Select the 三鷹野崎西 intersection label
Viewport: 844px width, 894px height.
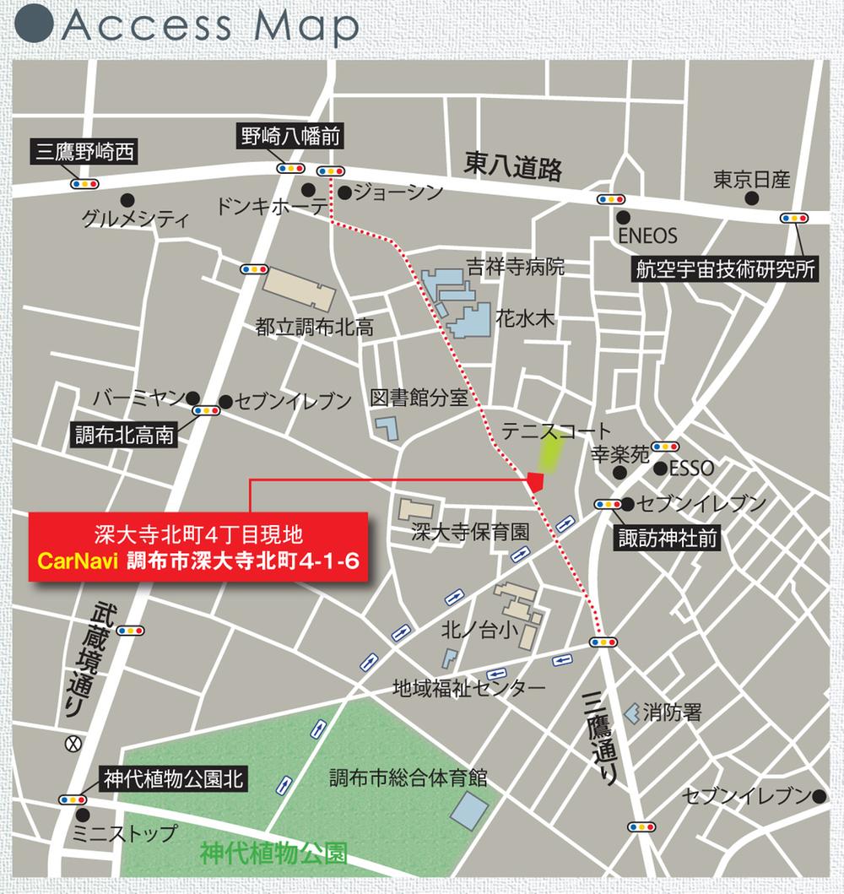(85, 152)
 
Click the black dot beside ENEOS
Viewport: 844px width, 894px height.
(623, 217)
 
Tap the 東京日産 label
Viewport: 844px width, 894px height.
(751, 180)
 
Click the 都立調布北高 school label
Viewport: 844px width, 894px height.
(314, 327)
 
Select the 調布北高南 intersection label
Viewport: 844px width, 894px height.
(124, 436)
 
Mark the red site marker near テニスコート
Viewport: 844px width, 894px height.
(535, 482)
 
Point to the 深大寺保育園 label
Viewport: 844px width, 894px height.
(469, 533)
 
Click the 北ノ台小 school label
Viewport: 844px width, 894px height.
(473, 629)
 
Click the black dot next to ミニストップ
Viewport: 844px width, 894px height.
(84, 815)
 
